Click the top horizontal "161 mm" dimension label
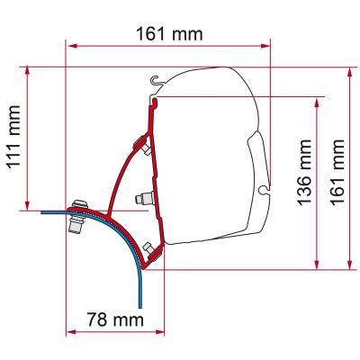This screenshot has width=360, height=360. (x=168, y=32)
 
